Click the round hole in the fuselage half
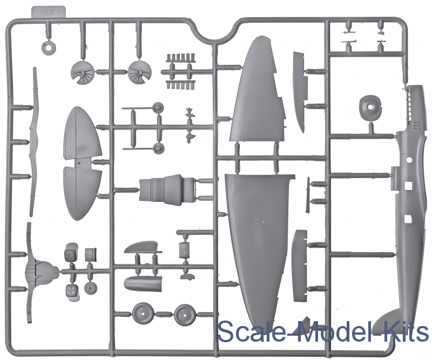(x=409, y=160)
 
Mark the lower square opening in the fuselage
(x=407, y=220)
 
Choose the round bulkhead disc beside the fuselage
(x=370, y=108)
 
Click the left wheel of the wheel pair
(x=143, y=314)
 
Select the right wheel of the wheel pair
(x=185, y=314)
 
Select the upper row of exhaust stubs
(x=180, y=57)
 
